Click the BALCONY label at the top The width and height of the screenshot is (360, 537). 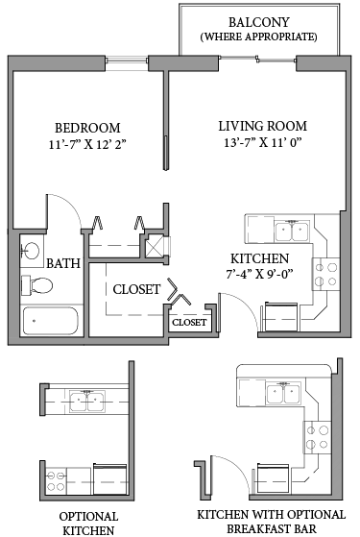(258, 21)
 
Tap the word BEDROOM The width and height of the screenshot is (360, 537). (87, 129)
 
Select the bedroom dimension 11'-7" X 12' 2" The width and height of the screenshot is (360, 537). (87, 147)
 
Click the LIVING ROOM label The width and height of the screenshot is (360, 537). (262, 126)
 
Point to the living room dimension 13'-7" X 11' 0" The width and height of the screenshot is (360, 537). (262, 145)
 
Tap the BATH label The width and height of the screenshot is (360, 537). (63, 263)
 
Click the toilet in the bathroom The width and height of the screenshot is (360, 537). (39, 285)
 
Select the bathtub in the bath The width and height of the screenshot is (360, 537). (49, 321)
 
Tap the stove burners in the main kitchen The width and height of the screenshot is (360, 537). (326, 273)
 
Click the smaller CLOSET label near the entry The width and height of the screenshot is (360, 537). (189, 323)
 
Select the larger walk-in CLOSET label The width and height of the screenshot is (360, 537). (136, 289)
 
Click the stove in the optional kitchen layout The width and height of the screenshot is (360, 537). (54, 477)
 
